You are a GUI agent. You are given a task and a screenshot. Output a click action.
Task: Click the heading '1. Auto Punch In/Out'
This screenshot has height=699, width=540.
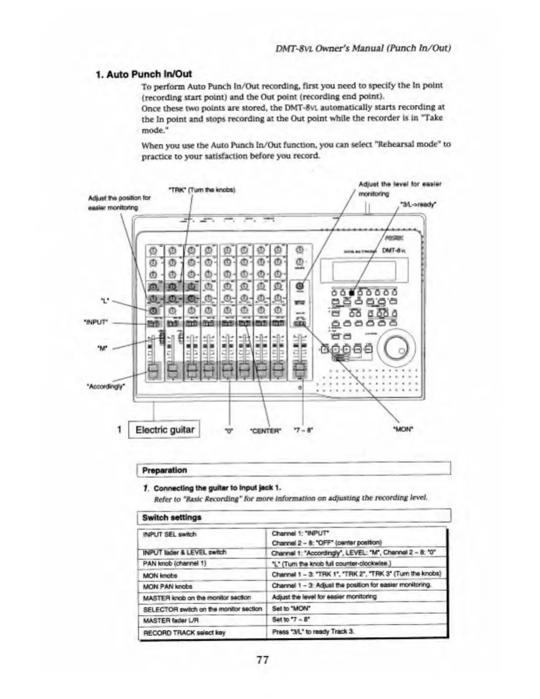pyautogui.click(x=144, y=74)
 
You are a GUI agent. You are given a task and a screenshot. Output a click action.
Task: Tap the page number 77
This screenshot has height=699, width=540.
pyautogui.click(x=262, y=660)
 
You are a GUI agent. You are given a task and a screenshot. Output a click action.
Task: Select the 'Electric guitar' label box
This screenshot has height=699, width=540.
pyautogui.click(x=165, y=430)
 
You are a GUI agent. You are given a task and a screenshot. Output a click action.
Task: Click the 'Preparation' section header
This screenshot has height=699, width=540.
pyautogui.click(x=165, y=470)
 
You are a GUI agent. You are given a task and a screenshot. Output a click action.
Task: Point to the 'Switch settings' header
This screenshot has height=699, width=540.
pyautogui.click(x=172, y=517)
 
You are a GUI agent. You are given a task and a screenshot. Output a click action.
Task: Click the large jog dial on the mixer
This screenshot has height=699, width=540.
pyautogui.click(x=400, y=349)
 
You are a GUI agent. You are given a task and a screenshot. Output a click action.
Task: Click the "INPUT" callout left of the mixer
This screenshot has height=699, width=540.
pyautogui.click(x=97, y=322)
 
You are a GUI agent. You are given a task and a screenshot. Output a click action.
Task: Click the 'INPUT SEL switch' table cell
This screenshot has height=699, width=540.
pyautogui.click(x=169, y=534)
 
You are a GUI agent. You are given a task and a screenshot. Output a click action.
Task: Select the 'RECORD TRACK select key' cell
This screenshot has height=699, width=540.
pyautogui.click(x=184, y=633)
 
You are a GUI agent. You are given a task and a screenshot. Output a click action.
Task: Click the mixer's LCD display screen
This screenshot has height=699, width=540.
pyautogui.click(x=364, y=271)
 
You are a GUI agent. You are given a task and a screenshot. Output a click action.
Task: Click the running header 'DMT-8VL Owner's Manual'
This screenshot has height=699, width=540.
pyautogui.click(x=363, y=48)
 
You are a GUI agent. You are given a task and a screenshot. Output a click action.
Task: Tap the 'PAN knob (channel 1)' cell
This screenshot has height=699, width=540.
pyautogui.click(x=174, y=564)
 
